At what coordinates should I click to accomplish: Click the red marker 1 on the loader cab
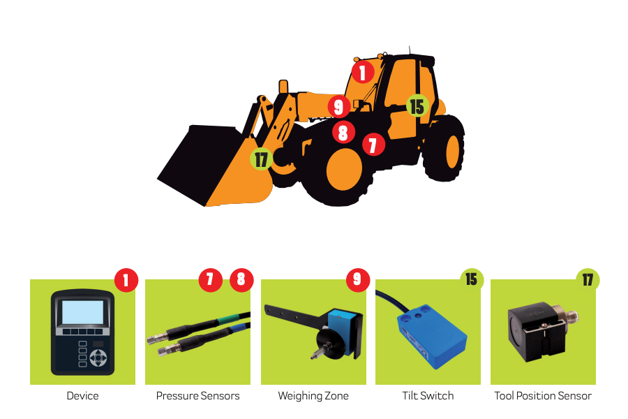click(x=363, y=72)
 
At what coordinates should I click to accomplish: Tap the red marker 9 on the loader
click(x=339, y=107)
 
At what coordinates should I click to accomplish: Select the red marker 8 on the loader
click(x=343, y=132)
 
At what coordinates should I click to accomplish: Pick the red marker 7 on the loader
click(x=373, y=145)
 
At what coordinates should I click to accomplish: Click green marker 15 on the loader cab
click(x=417, y=106)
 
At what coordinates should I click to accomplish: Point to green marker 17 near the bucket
click(x=261, y=159)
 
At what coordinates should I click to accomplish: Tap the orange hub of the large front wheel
click(x=344, y=169)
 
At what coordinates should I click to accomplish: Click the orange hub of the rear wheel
click(x=453, y=152)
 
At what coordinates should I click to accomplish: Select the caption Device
click(x=82, y=396)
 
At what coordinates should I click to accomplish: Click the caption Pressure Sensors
click(x=198, y=396)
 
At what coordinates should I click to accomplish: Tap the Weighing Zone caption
click(x=313, y=396)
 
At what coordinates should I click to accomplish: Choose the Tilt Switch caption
click(x=428, y=396)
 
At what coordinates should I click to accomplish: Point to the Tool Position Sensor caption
click(x=543, y=396)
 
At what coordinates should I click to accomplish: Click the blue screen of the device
click(x=83, y=312)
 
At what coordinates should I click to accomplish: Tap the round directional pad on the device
click(x=98, y=358)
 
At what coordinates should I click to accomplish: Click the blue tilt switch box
click(x=432, y=336)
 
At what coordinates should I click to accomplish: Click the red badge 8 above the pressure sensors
click(x=241, y=279)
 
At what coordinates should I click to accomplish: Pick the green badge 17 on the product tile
click(x=588, y=279)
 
